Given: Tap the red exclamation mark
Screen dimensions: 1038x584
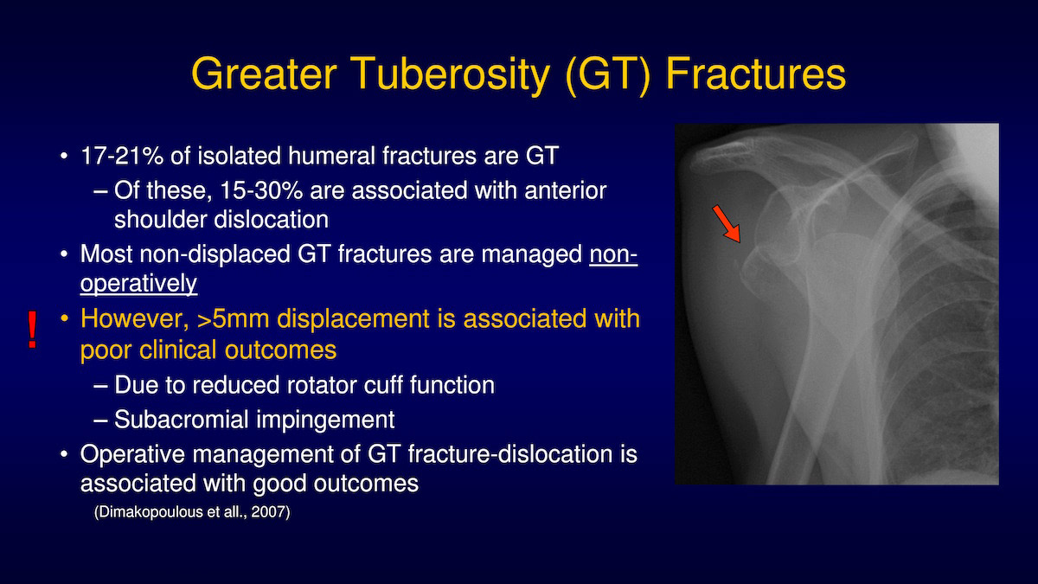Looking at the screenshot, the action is coord(32,330).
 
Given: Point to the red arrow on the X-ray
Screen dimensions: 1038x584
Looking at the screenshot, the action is coord(727,224).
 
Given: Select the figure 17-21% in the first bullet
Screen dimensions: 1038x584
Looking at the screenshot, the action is coord(122,156).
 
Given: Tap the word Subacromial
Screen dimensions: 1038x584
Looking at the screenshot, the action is coord(182,420).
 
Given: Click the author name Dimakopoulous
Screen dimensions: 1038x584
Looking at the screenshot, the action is coord(151,512).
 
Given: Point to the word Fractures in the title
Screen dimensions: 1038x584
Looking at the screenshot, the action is coord(756,74).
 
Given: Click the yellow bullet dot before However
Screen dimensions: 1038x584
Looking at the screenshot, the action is coord(64,319).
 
